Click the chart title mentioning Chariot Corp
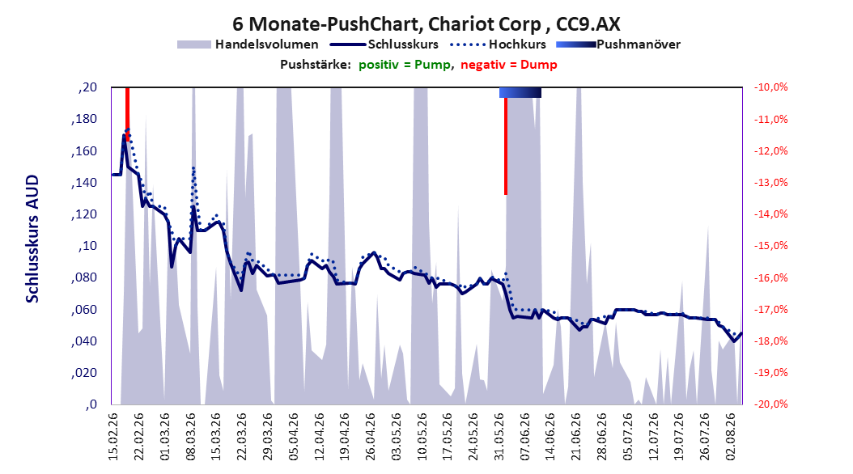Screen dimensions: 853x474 426,24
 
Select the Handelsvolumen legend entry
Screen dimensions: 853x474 248,44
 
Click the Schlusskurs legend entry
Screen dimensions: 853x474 384,44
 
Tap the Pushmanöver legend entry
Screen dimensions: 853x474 618,44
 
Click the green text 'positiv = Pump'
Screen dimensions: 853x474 405,65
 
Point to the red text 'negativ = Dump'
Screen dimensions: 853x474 509,65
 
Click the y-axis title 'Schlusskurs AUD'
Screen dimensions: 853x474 32,239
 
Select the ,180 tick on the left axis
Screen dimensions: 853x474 84,119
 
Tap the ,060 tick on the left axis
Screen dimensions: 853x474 84,310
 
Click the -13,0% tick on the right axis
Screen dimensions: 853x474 770,183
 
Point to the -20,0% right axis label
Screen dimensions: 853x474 770,404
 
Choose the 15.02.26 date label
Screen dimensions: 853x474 113,437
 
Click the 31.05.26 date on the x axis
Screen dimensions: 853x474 499,437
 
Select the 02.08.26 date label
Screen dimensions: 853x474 730,437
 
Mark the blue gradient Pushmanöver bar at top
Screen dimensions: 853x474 520,93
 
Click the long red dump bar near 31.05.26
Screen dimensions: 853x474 505,146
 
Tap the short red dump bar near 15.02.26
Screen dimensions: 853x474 127,114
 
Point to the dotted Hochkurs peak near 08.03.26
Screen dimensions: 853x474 193,168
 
